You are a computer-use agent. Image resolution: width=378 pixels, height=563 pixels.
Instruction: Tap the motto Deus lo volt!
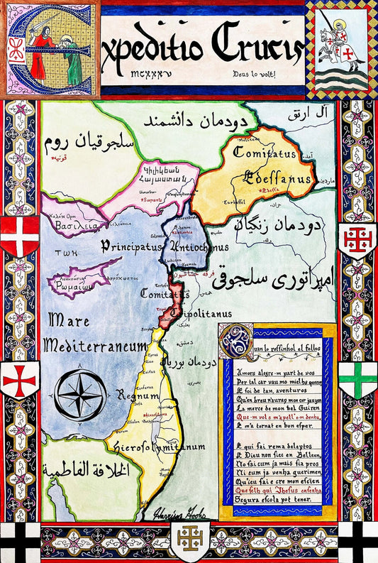pyautogui.click(x=255, y=73)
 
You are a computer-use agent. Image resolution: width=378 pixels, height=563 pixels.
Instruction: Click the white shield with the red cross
pyautogui.click(x=19, y=380)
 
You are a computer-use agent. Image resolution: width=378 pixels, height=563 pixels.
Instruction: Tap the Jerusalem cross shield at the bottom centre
pyautogui.click(x=189, y=542)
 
